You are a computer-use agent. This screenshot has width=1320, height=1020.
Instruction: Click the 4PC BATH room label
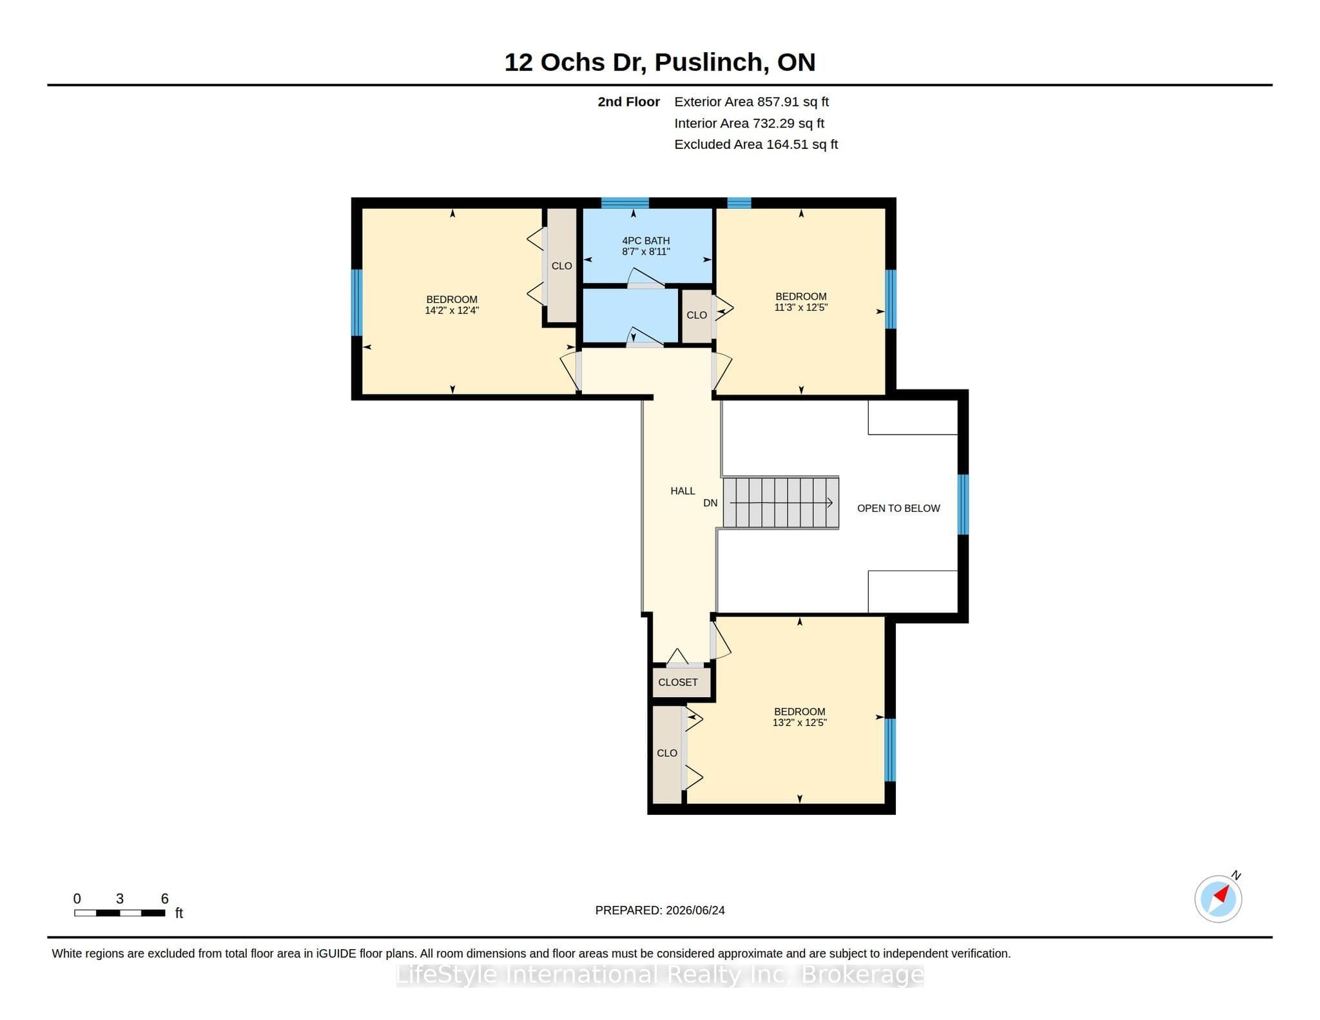pyautogui.click(x=646, y=240)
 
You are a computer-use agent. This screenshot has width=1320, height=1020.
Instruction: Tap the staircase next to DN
pyautogui.click(x=781, y=503)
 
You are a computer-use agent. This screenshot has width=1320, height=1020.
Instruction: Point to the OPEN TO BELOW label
pyautogui.click(x=898, y=508)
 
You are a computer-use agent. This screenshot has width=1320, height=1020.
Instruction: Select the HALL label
pyautogui.click(x=683, y=491)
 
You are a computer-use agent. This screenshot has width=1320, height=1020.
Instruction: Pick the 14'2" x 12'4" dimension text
pyautogui.click(x=452, y=310)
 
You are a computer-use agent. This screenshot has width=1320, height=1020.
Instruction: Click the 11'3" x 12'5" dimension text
pyautogui.click(x=801, y=308)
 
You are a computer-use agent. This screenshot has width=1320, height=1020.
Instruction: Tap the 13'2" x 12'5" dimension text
pyautogui.click(x=799, y=723)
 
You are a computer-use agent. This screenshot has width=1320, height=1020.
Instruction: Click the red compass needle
pyautogui.click(x=1222, y=894)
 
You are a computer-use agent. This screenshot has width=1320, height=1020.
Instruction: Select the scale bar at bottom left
pyautogui.click(x=120, y=913)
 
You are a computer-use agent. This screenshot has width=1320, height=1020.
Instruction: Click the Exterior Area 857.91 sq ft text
pyautogui.click(x=752, y=102)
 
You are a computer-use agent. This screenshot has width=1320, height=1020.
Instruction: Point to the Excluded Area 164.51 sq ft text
pyautogui.click(x=756, y=144)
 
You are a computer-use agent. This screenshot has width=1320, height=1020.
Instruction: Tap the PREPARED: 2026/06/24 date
pyautogui.click(x=660, y=910)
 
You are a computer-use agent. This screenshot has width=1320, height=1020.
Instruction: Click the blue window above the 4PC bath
pyautogui.click(x=625, y=203)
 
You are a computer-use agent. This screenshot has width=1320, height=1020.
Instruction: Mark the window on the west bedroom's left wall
pyautogui.click(x=356, y=302)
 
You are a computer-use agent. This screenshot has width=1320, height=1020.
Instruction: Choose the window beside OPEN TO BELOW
pyautogui.click(x=963, y=505)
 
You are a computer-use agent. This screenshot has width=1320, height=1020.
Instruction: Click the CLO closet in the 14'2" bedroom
pyautogui.click(x=561, y=265)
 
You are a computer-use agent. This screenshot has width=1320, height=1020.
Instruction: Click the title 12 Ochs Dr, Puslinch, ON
pyautogui.click(x=660, y=63)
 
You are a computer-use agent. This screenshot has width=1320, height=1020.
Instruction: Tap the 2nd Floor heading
pyautogui.click(x=628, y=102)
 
